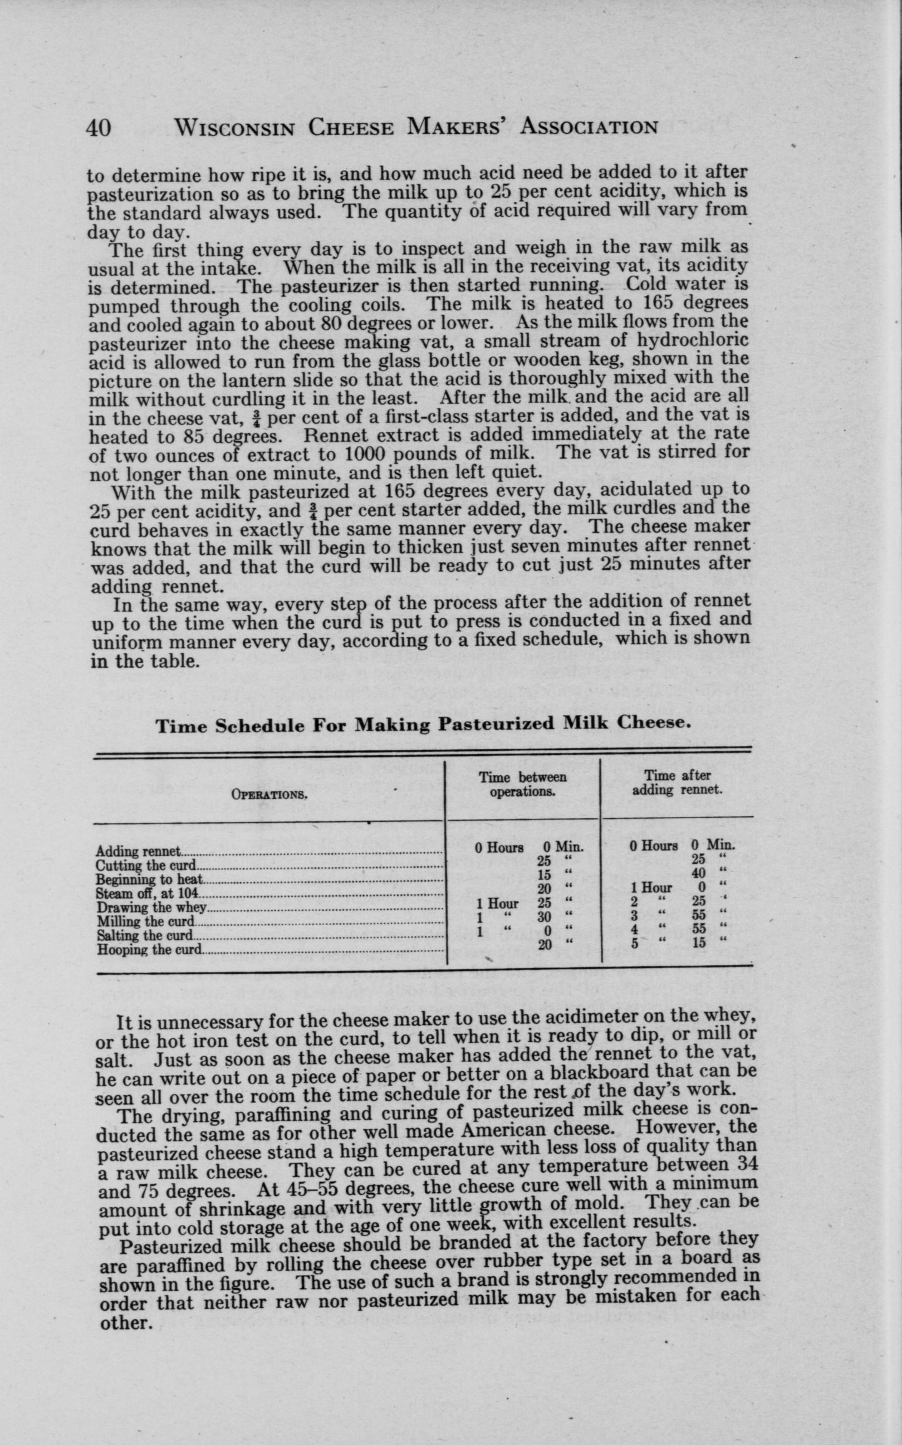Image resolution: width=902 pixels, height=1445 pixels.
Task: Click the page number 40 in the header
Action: point(99,128)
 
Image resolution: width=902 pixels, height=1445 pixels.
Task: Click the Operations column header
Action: point(268,795)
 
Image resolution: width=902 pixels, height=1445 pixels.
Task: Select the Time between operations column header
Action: point(523,785)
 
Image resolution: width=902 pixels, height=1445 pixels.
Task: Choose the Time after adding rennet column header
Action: point(677,783)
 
